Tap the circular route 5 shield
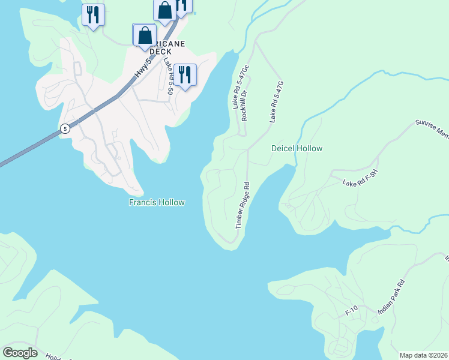pyautogui.click(x=64, y=128)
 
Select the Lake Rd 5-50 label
pyautogui.click(x=167, y=77)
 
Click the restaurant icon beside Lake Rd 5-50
pyautogui.click(x=185, y=75)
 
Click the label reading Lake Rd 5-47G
pyautogui.click(x=276, y=103)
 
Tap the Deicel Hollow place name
pyautogui.click(x=297, y=148)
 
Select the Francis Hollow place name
pyautogui.click(x=157, y=203)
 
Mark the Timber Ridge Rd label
pyautogui.click(x=243, y=205)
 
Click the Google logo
pyautogui.click(x=20, y=353)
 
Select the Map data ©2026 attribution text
pyautogui.click(x=423, y=355)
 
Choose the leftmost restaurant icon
pyautogui.click(x=93, y=14)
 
